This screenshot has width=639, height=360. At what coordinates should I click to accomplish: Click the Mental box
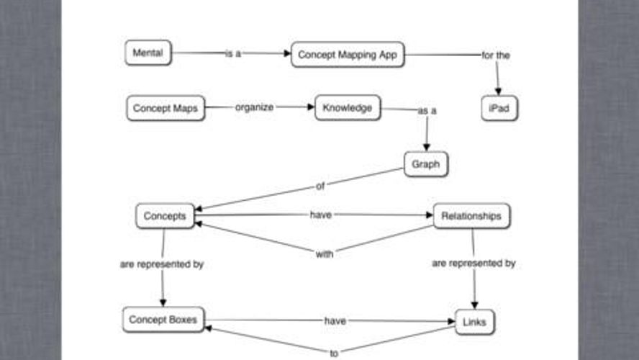148,53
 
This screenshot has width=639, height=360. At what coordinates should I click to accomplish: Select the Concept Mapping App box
348,54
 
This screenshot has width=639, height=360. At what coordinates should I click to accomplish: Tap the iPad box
499,108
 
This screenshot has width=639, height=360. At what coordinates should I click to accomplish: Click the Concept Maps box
166,108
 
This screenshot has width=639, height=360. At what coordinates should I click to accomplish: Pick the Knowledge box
348,107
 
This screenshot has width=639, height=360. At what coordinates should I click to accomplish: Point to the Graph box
426,164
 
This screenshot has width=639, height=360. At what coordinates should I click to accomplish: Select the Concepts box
165,215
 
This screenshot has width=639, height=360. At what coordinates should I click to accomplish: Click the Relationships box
471,215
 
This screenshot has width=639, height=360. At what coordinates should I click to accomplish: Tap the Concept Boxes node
163,319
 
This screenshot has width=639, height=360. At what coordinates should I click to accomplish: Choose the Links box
475,323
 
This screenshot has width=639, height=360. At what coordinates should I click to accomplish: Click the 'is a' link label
233,53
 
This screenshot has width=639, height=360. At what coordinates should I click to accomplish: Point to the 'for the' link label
496,55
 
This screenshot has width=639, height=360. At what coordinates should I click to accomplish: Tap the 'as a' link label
427,111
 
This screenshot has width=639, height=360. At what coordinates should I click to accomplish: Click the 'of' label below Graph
321,186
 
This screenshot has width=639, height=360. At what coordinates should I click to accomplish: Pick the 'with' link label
325,253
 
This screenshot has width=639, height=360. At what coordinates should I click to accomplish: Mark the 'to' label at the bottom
334,354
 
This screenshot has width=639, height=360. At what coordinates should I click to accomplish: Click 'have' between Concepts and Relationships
320,215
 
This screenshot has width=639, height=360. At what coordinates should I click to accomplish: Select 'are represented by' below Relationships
473,264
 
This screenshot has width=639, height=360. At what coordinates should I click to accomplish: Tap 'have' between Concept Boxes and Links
335,321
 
